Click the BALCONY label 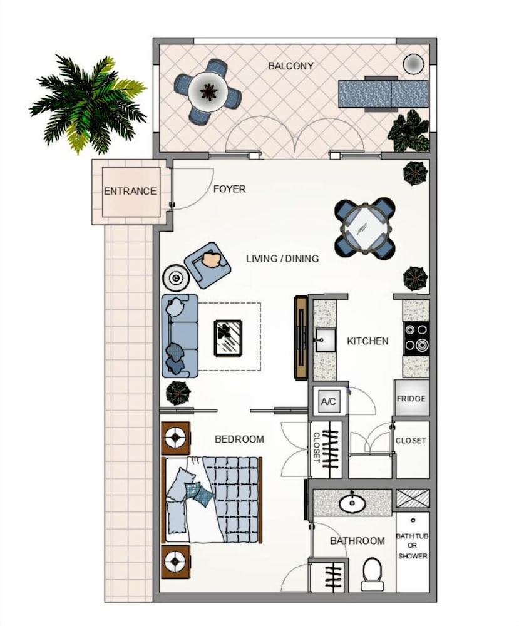coord(290,66)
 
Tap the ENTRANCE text coord(130,191)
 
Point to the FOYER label coord(229,189)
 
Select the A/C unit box coord(328,401)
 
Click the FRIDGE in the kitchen coord(411,398)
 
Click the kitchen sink coord(326,340)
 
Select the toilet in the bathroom coord(373,574)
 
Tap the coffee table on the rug coord(228,337)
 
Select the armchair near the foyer coord(208,265)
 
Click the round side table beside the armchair coord(175,277)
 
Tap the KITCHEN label coord(367,341)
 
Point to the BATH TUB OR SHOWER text coord(413,546)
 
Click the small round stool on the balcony coord(414,63)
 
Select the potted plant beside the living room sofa coord(177,393)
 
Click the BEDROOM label coord(239,439)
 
